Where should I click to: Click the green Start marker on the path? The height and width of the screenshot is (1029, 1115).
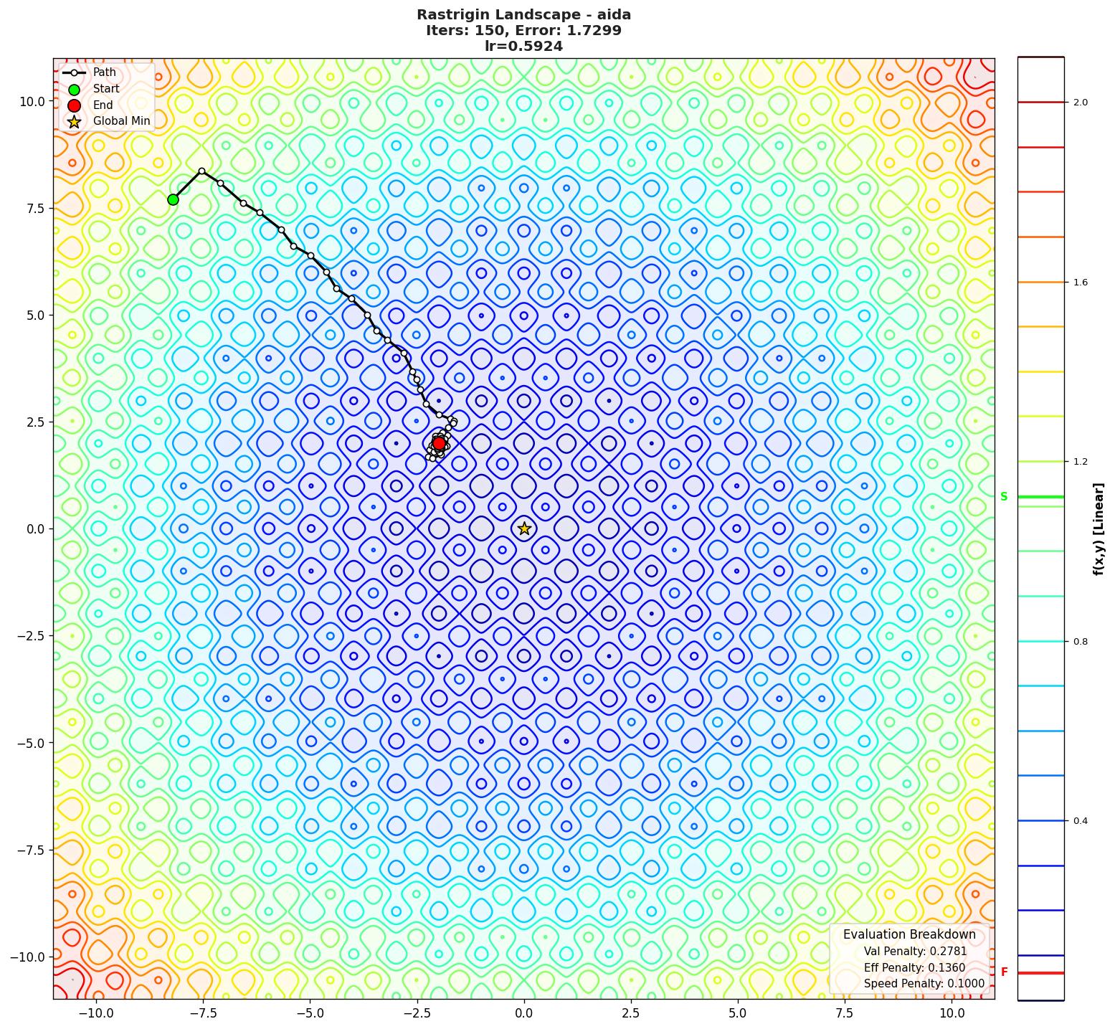coord(173,199)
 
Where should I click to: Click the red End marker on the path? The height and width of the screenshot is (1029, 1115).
coord(439,443)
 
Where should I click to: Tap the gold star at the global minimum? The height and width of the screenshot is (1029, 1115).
coord(524,528)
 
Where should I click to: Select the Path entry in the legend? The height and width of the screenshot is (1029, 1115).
coord(104,72)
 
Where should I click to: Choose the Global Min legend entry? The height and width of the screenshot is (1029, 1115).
coord(121,120)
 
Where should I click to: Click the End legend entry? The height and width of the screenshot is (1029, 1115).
coord(103,105)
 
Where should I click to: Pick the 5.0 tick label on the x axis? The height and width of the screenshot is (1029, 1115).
coord(737,1013)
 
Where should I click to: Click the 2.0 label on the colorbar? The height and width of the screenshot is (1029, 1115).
coord(1080,103)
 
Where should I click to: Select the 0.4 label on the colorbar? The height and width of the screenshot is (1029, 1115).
coord(1080,821)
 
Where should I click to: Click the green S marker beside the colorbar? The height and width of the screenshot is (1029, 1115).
coord(1004,496)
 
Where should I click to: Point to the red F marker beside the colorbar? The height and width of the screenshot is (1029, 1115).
coord(1004,972)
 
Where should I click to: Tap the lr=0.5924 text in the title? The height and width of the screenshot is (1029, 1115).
coord(523,46)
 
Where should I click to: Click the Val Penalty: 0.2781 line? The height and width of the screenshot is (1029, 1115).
coord(915,952)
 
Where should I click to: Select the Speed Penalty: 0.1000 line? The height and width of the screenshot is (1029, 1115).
coord(924,984)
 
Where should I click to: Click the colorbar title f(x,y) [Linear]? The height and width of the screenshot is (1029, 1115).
coord(1098,529)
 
